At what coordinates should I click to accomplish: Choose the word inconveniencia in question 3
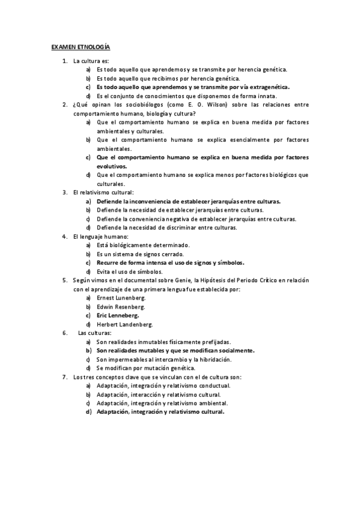[150, 201]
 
